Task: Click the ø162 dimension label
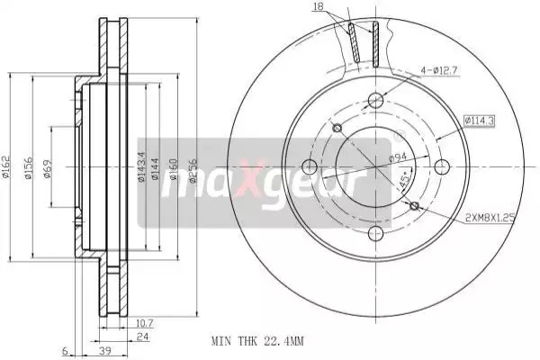pos(6,167)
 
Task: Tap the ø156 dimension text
pos(28,167)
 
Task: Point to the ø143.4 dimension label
pos(141,166)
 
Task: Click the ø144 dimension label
pos(155,169)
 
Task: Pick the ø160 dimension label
pos(173,169)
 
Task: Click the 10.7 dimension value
pos(144,324)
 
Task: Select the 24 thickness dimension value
pos(142,337)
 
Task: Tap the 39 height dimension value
pos(105,351)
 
